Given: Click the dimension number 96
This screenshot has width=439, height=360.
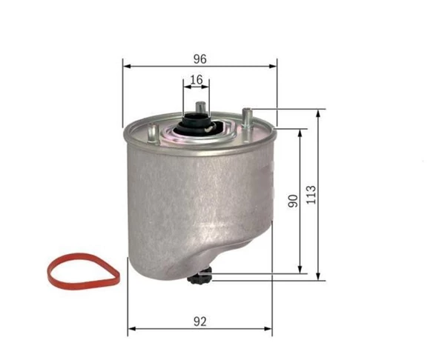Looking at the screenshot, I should (199, 59).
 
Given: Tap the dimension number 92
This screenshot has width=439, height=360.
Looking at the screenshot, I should (199, 320).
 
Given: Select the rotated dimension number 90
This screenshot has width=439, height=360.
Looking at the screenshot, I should (294, 201).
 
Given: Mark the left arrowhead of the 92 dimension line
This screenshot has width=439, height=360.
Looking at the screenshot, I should (131, 328).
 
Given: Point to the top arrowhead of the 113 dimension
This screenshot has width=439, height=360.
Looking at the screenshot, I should (319, 112).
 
